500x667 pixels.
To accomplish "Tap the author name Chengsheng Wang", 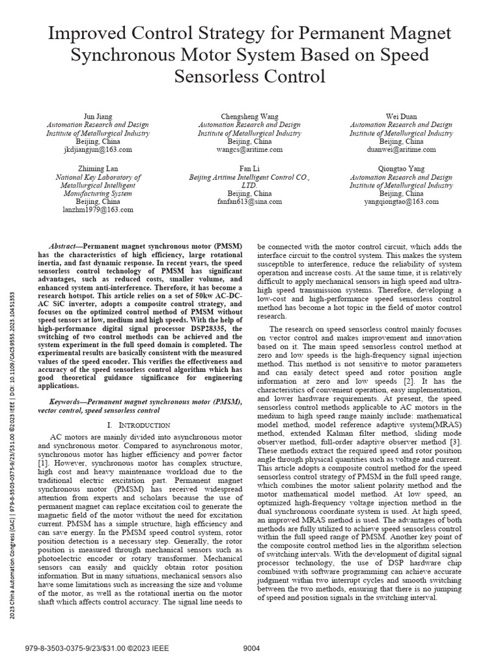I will click(x=249, y=117).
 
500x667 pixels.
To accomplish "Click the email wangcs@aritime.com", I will click(x=249, y=149).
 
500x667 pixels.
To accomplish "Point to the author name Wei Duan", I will click(x=401, y=117).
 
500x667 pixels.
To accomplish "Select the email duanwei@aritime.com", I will click(x=401, y=149).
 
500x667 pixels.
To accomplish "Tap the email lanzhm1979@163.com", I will click(x=98, y=210).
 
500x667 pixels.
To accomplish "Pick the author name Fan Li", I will click(x=249, y=169).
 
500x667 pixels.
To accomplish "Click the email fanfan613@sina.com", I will click(x=249, y=202).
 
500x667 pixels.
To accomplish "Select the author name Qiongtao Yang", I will click(x=401, y=169).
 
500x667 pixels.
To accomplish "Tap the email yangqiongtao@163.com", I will click(x=401, y=202).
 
